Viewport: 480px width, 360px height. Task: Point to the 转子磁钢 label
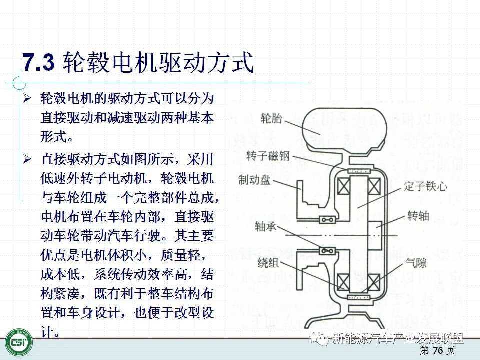(268, 156)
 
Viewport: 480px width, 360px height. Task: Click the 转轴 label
(418, 216)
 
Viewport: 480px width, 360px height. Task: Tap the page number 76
(438, 351)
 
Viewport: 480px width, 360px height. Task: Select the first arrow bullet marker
(28, 98)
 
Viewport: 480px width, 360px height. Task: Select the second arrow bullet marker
(28, 159)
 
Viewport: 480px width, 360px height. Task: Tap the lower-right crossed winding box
(373, 281)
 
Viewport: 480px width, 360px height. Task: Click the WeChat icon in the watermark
(321, 339)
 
